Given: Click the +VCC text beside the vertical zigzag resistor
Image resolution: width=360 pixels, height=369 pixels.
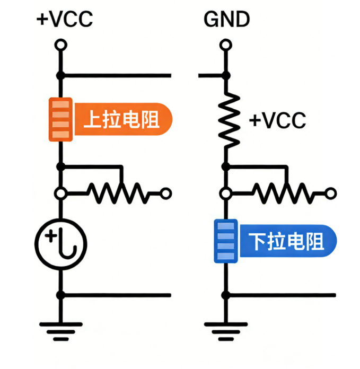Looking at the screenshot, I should [x=277, y=120].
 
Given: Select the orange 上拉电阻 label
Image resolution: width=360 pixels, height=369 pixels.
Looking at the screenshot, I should [x=122, y=119].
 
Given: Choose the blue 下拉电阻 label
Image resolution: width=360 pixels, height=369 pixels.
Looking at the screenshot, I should [x=287, y=242].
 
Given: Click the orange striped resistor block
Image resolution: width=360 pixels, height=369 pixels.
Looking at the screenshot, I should [x=60, y=119].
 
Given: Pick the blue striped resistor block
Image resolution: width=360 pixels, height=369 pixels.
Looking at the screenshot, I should [x=225, y=241].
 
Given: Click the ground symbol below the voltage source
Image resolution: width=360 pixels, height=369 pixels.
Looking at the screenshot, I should [x=60, y=329].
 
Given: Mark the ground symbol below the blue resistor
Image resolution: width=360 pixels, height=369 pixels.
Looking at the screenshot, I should [x=226, y=329].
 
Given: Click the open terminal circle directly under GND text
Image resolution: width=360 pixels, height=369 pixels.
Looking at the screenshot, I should [x=226, y=45].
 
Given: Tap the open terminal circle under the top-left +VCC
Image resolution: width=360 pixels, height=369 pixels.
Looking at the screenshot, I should [x=60, y=45].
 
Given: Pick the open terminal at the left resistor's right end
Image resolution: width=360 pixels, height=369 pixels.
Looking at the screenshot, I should [x=165, y=194].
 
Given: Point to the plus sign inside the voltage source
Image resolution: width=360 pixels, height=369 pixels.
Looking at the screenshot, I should [x=51, y=237].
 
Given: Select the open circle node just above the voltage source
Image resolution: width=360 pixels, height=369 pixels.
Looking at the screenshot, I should [x=60, y=194].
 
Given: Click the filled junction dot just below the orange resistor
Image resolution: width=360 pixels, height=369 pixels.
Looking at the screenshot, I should [x=60, y=166].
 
